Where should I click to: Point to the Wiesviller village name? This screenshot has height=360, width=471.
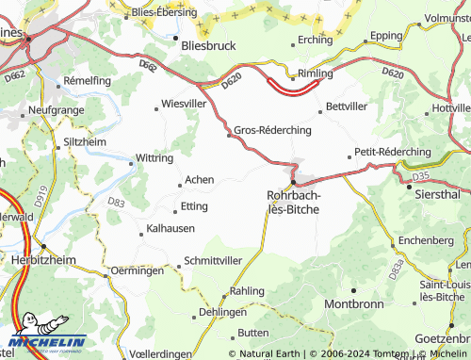[184, 103]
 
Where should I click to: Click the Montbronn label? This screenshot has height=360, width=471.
[354, 304]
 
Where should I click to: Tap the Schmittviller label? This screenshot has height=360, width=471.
[214, 259]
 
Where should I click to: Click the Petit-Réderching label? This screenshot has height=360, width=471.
[393, 151]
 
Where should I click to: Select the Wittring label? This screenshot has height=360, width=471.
[154, 158]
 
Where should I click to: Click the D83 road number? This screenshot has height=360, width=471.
[116, 202]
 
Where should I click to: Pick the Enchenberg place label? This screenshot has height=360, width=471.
[426, 240]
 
